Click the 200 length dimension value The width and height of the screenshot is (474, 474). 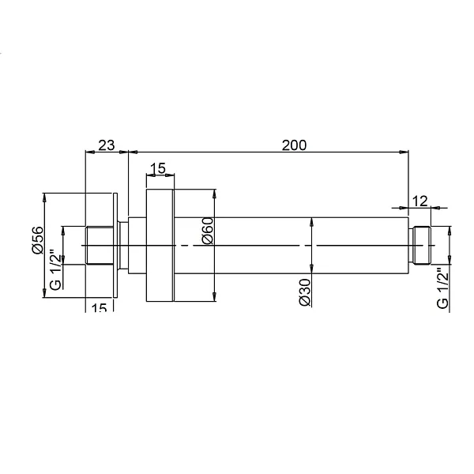(293, 145)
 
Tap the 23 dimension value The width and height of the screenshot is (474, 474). (106, 145)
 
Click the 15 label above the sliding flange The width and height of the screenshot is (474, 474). (157, 168)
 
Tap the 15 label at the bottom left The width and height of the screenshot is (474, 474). (99, 308)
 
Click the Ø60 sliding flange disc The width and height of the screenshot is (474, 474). (160, 245)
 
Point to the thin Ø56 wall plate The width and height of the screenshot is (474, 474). (117, 245)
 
